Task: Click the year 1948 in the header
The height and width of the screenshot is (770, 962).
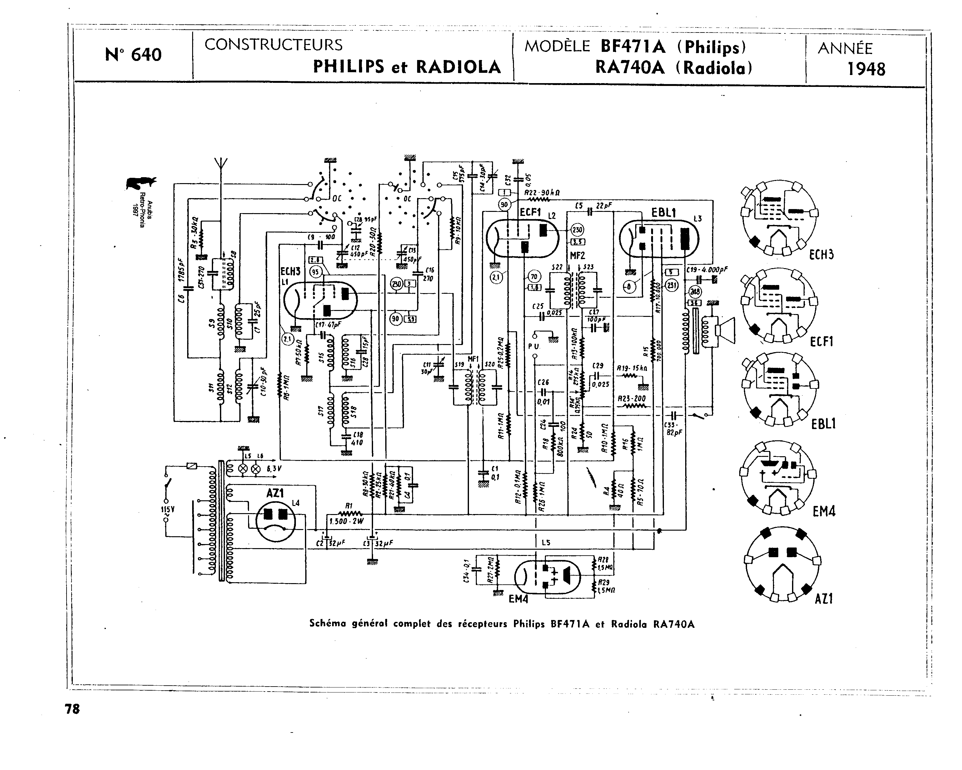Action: coord(866,69)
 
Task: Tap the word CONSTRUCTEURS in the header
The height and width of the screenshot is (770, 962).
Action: coord(273,45)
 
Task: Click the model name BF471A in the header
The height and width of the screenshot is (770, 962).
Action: coord(633,47)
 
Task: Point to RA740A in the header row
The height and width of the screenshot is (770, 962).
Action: coord(630,68)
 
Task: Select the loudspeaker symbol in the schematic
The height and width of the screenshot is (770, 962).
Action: coord(725,330)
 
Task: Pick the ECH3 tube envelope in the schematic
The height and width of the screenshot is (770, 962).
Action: coord(321,301)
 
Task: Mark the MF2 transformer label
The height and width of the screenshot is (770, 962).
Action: coord(577,256)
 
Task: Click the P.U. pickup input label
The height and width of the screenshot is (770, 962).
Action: coord(534,346)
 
